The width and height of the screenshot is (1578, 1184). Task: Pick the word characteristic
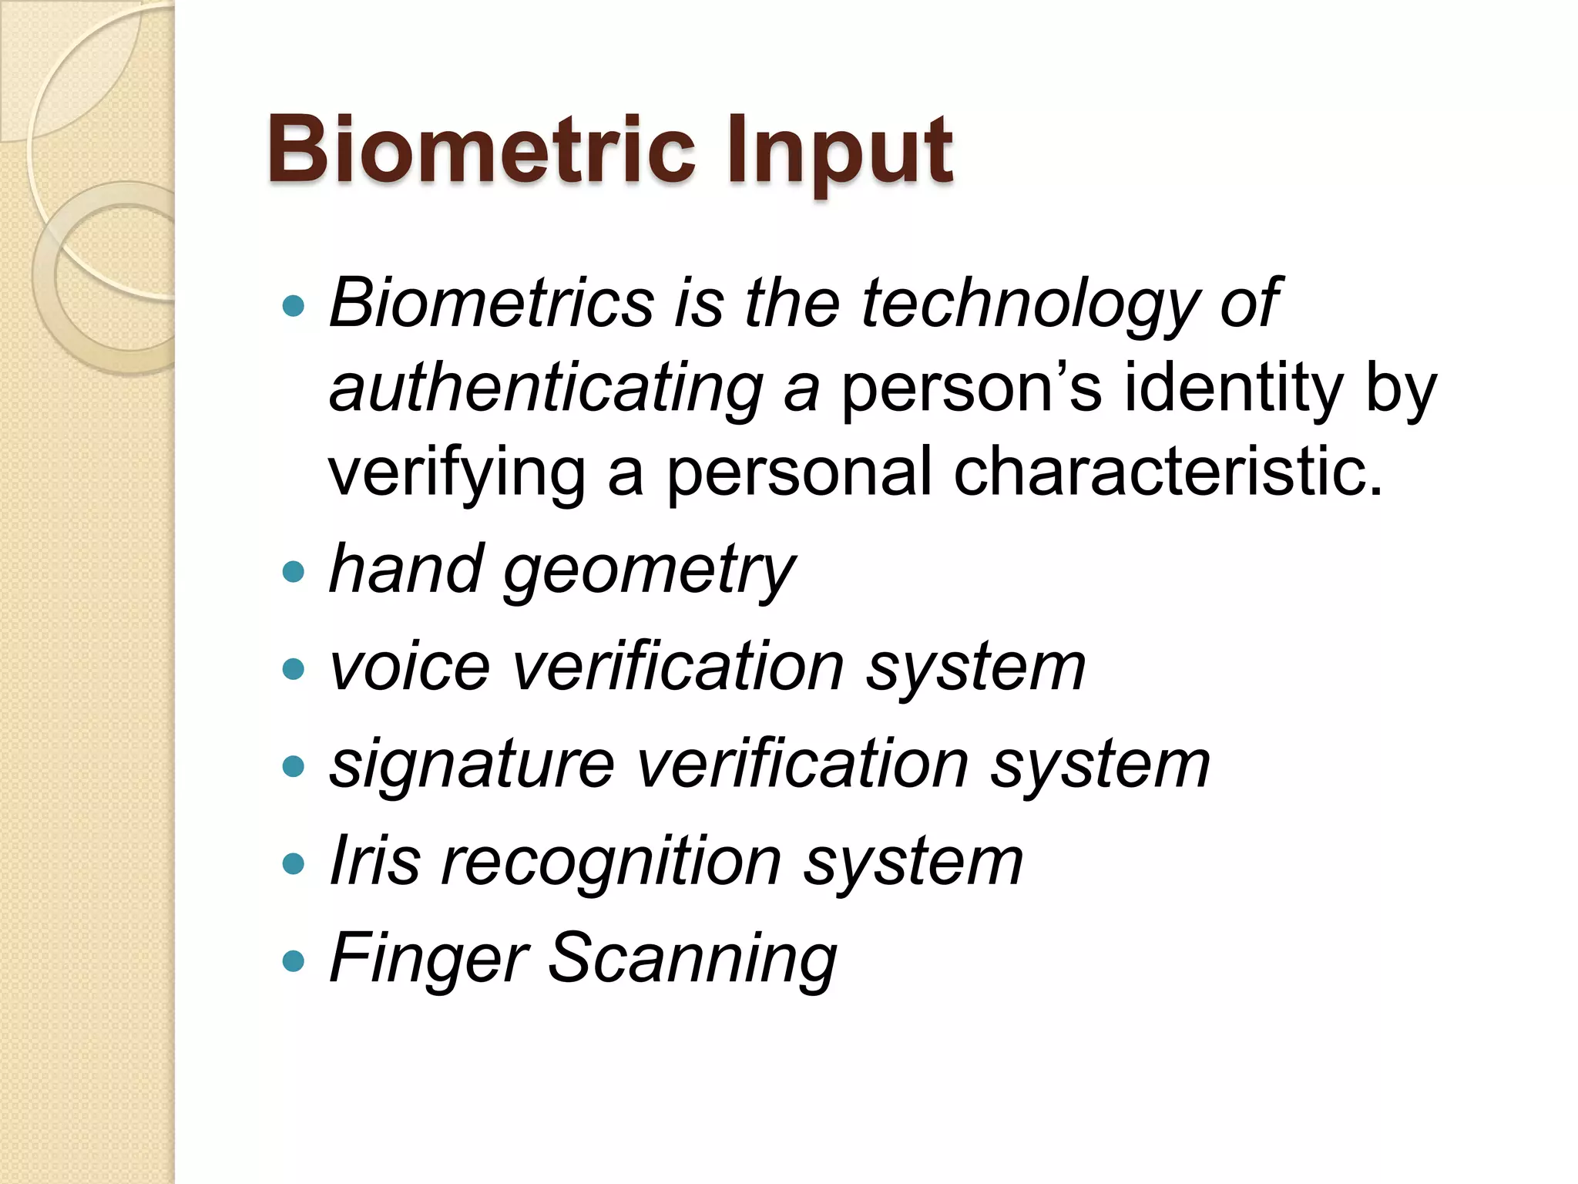tap(1167, 472)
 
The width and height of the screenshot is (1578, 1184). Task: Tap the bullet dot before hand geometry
tap(294, 572)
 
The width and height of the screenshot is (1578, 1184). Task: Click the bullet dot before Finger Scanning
tap(294, 961)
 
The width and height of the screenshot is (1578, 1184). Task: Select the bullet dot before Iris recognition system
tap(294, 863)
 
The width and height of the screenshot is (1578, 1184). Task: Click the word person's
tap(971, 390)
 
